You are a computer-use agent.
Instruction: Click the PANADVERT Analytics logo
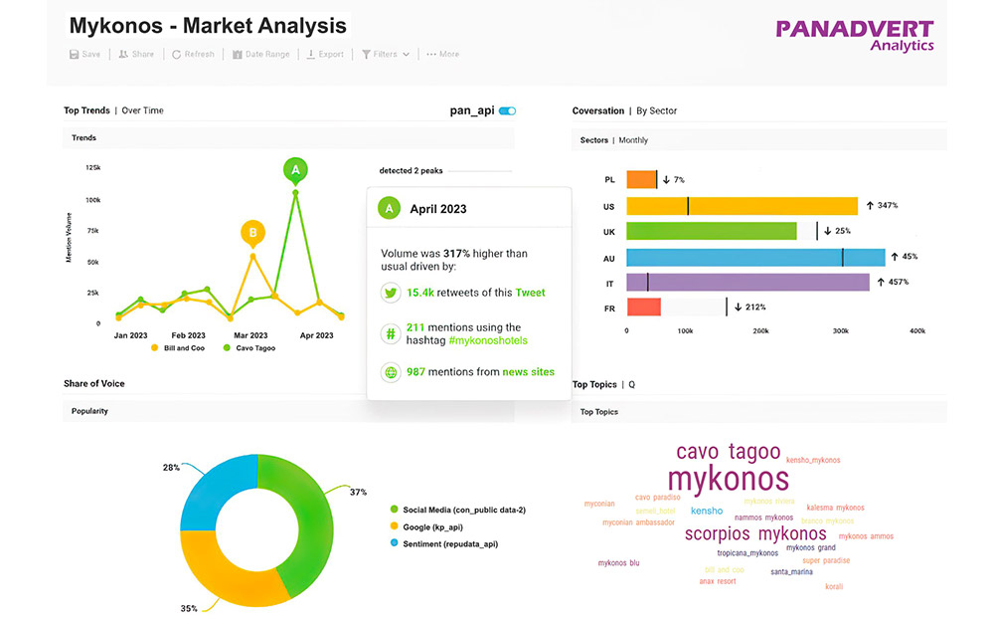point(855,35)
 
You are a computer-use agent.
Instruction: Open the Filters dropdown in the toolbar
point(386,55)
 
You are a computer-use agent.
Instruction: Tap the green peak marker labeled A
point(295,170)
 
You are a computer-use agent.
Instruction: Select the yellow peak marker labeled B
point(253,234)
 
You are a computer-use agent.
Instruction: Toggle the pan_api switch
point(507,110)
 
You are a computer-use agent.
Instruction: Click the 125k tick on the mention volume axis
point(92,167)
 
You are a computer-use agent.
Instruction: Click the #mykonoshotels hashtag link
point(489,340)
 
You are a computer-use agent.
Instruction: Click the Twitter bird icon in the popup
point(391,293)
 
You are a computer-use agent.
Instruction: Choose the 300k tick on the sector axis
point(839,330)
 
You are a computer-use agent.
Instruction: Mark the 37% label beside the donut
point(359,492)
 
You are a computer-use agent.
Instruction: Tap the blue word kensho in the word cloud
point(707,511)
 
